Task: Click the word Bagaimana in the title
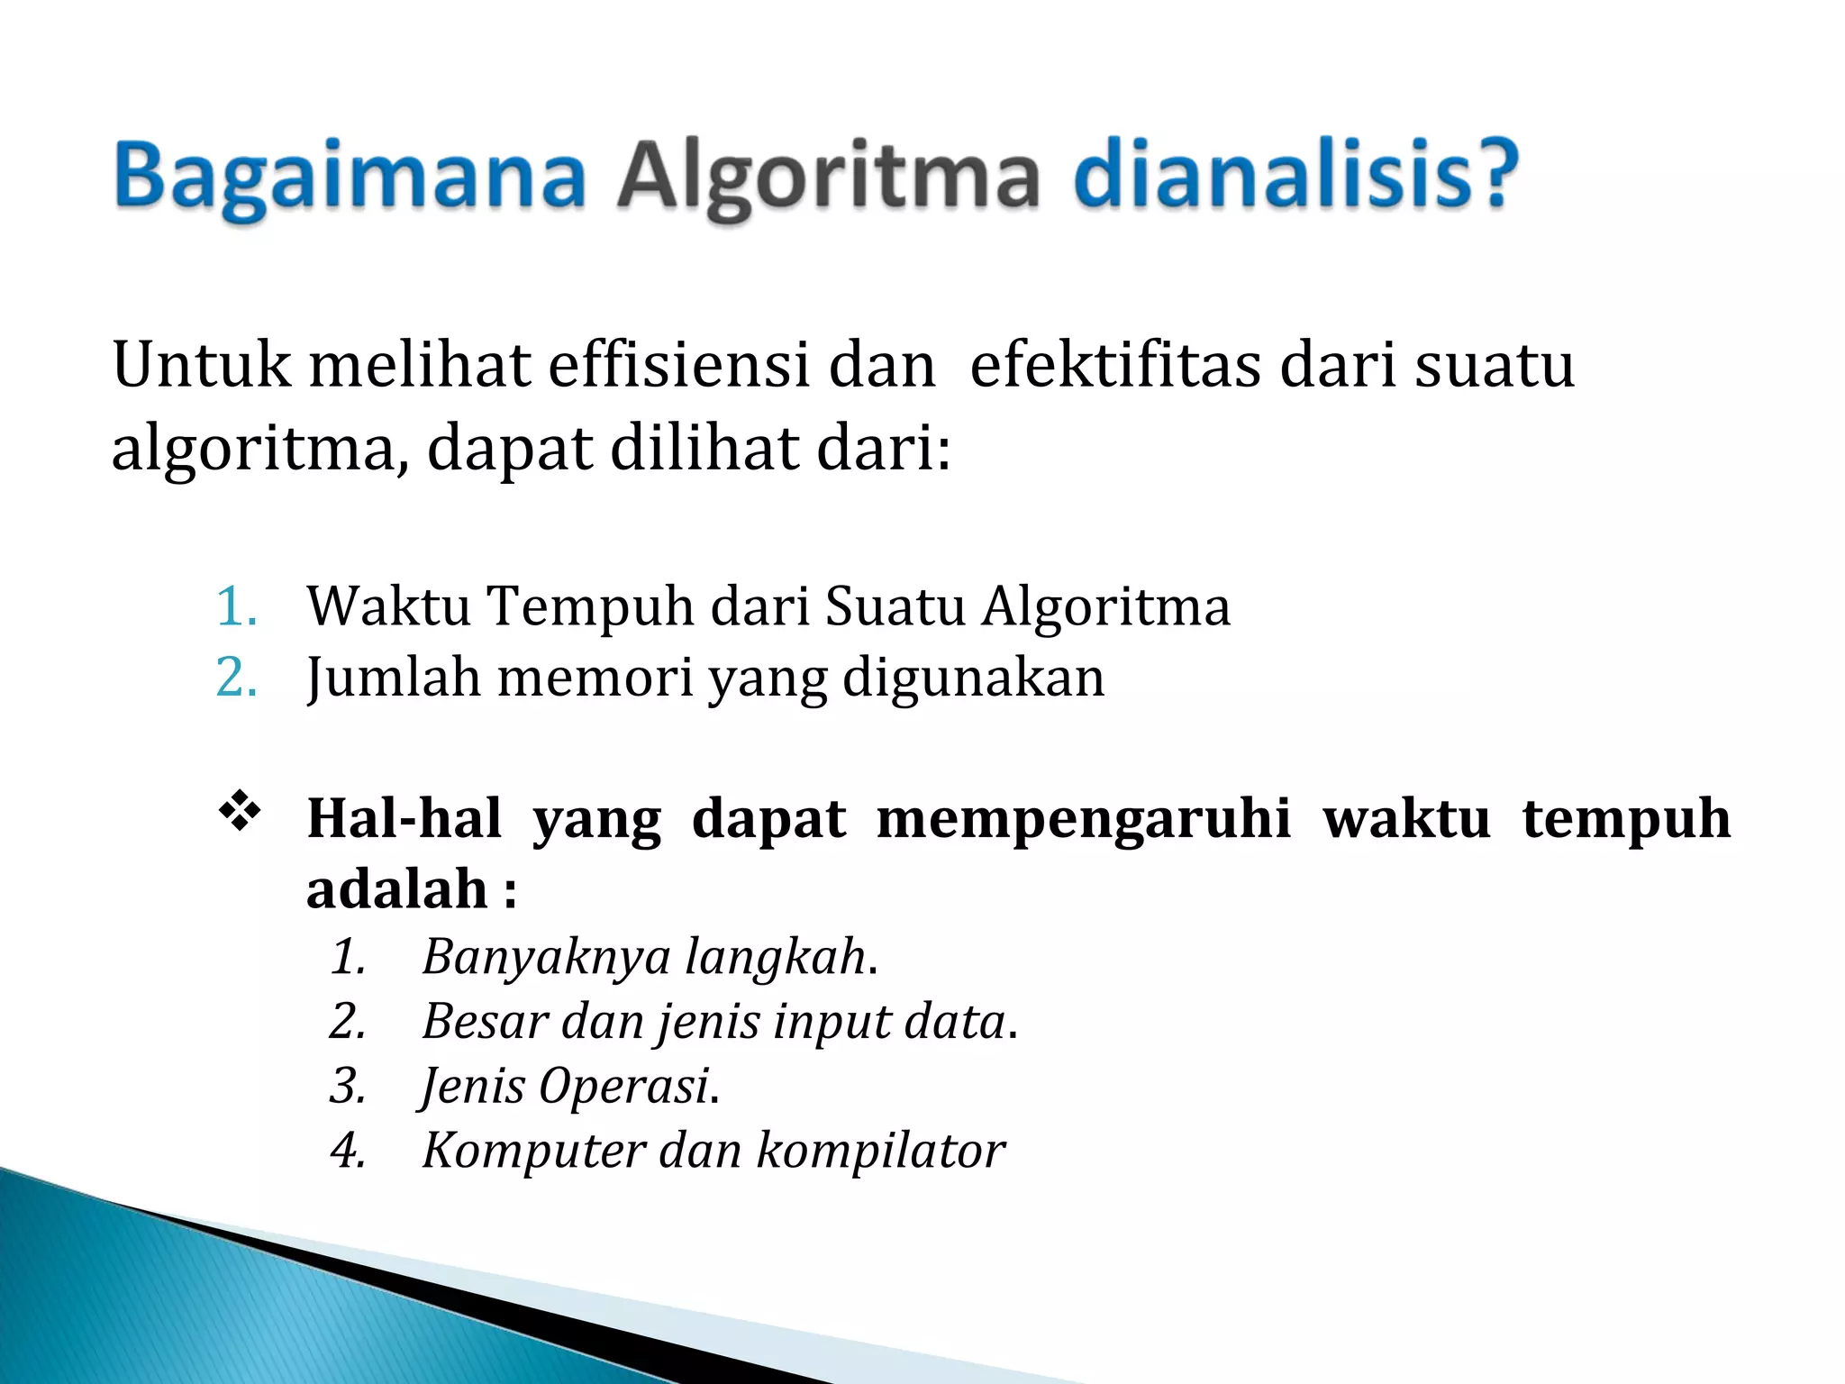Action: [x=350, y=176]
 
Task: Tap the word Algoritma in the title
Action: [x=828, y=176]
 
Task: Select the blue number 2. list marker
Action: [x=236, y=677]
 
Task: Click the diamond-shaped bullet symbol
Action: [x=240, y=810]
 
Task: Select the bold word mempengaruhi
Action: [x=1084, y=820]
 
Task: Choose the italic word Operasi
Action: [x=623, y=1086]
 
